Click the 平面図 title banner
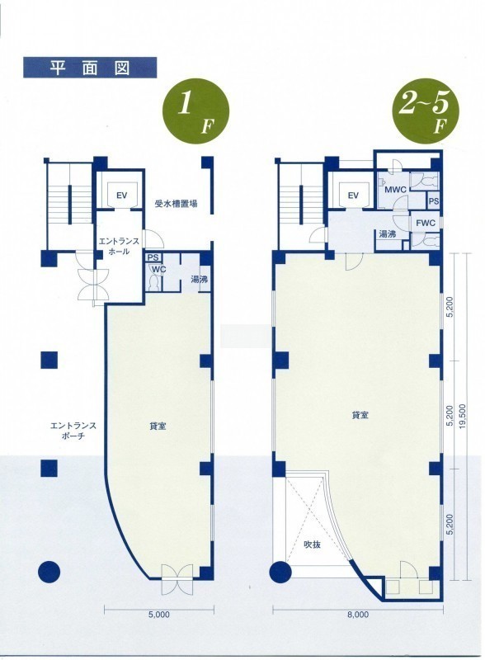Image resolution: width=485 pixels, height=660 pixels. (x=90, y=68)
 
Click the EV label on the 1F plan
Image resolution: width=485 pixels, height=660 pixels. (x=122, y=196)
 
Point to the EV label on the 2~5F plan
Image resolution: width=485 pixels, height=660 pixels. (x=353, y=195)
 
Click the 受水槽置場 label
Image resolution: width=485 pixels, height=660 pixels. (x=176, y=205)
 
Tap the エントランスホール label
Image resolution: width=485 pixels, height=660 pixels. (x=119, y=247)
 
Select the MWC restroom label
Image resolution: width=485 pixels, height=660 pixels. (x=395, y=190)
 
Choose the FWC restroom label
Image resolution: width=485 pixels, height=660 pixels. (x=426, y=223)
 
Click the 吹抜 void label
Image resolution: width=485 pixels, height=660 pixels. (x=313, y=544)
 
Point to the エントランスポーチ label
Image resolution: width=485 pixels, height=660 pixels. (x=73, y=431)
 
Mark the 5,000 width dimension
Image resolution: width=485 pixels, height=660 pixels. (x=159, y=614)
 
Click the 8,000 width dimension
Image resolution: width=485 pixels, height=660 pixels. (x=358, y=614)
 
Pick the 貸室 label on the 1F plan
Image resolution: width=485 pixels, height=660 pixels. (x=158, y=427)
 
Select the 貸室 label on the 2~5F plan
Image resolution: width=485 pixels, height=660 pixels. (x=360, y=415)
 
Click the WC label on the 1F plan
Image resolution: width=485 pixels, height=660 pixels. (x=158, y=269)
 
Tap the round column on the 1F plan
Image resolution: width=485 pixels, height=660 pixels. (x=49, y=572)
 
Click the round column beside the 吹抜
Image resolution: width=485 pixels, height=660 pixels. (x=280, y=572)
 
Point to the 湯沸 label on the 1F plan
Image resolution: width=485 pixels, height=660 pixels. (x=199, y=280)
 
